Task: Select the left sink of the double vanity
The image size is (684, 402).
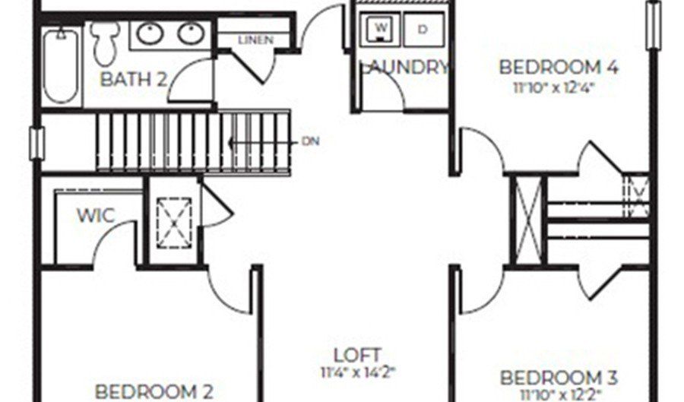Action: (x=150, y=33)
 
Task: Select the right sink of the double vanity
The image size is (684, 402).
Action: (x=189, y=33)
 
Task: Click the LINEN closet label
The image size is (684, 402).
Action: (x=255, y=40)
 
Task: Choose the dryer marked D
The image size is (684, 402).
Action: (x=423, y=29)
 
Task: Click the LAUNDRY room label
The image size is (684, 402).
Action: (x=404, y=67)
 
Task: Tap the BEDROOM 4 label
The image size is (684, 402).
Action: (x=558, y=66)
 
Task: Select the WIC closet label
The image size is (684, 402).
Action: (x=96, y=216)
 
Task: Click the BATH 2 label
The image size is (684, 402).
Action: (x=133, y=78)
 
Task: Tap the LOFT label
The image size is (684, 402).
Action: (x=356, y=354)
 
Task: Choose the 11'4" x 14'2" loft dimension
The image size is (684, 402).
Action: (x=356, y=372)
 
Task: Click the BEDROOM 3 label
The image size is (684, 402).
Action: (x=559, y=377)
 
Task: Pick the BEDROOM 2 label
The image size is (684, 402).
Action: (x=154, y=391)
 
